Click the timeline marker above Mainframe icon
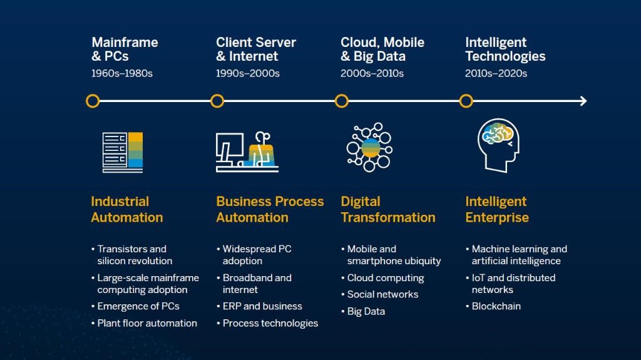coord(93,101)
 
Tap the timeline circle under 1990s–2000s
coord(217,101)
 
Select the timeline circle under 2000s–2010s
coord(341,101)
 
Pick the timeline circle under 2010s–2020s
coord(466,101)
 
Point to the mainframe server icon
coord(123,152)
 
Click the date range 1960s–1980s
coord(122,73)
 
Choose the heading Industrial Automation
coord(126,209)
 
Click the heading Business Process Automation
coord(270,209)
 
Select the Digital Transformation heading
coord(387,209)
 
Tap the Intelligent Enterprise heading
coord(496,209)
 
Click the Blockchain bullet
coord(496,306)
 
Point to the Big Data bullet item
coord(366,311)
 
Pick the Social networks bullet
coord(382,294)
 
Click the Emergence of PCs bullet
coord(138,306)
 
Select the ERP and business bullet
coord(262,306)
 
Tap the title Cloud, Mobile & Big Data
coord(382,49)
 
